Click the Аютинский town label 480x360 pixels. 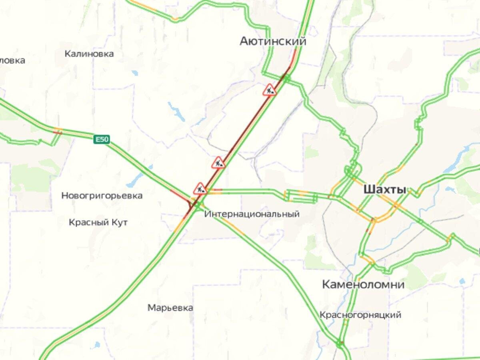click(273, 41)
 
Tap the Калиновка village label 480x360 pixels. click(89, 54)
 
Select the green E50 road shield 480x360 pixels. click(102, 139)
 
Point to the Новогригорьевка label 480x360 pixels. click(102, 196)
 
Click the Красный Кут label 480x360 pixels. click(98, 222)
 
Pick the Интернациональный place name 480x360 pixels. click(252, 214)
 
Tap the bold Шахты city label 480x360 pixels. click(384, 190)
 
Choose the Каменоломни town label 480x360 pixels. click(363, 285)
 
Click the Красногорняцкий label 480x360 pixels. click(360, 315)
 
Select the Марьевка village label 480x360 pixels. click(170, 308)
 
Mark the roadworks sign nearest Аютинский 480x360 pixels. click(270, 90)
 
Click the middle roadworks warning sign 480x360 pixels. click(218, 163)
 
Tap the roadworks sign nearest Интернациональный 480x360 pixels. click(200, 188)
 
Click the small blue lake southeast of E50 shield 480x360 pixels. click(135, 180)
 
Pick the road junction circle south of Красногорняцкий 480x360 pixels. click(340, 343)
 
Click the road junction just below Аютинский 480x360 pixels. click(287, 78)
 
